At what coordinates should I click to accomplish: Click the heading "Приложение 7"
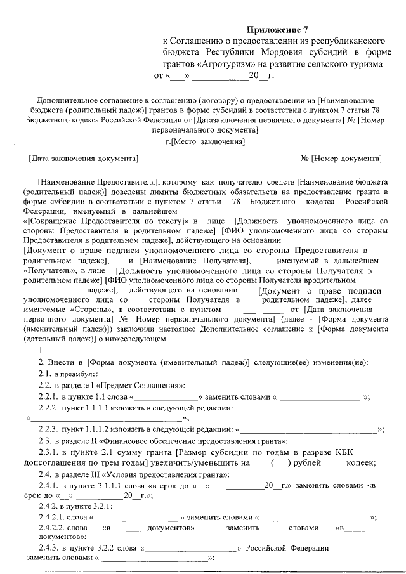(277, 29)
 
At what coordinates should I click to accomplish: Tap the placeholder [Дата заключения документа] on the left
(84, 157)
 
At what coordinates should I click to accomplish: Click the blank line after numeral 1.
(162, 351)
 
